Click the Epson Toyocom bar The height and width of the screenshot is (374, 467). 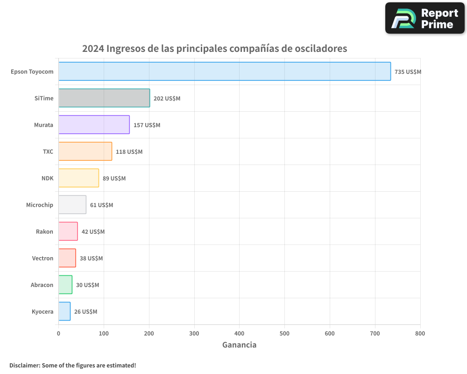point(224,72)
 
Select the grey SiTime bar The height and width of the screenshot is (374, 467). point(104,98)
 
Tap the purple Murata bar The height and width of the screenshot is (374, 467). point(94,125)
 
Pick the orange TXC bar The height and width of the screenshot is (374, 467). point(85,151)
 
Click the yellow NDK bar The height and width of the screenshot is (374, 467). point(78,178)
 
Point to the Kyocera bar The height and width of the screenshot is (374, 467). point(64,311)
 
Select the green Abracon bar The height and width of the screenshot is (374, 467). point(65,285)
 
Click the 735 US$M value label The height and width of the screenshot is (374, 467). point(408,72)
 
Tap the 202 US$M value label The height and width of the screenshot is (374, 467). point(167,99)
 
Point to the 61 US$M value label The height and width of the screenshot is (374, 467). point(101,205)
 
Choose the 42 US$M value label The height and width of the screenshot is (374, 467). point(93,232)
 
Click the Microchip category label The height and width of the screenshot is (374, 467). point(40,205)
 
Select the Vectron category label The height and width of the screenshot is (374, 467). point(42,259)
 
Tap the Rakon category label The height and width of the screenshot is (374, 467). point(44,232)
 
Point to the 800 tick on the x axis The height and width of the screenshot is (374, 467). point(420,334)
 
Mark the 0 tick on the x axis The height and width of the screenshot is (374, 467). point(58,334)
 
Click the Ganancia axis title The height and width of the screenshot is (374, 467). point(239,345)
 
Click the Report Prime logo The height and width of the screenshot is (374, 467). point(425,18)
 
